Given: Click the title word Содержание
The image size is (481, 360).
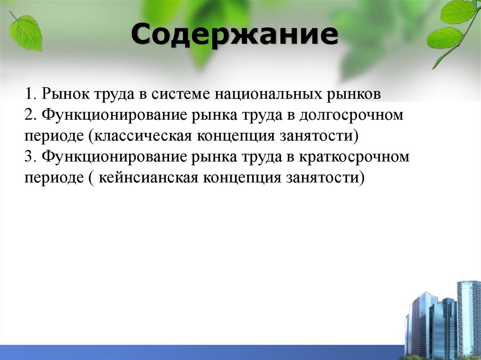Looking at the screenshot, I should point(234,36).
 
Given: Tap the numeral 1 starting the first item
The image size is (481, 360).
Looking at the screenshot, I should point(29,94).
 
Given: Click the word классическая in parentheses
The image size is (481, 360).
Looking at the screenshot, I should point(143,137).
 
